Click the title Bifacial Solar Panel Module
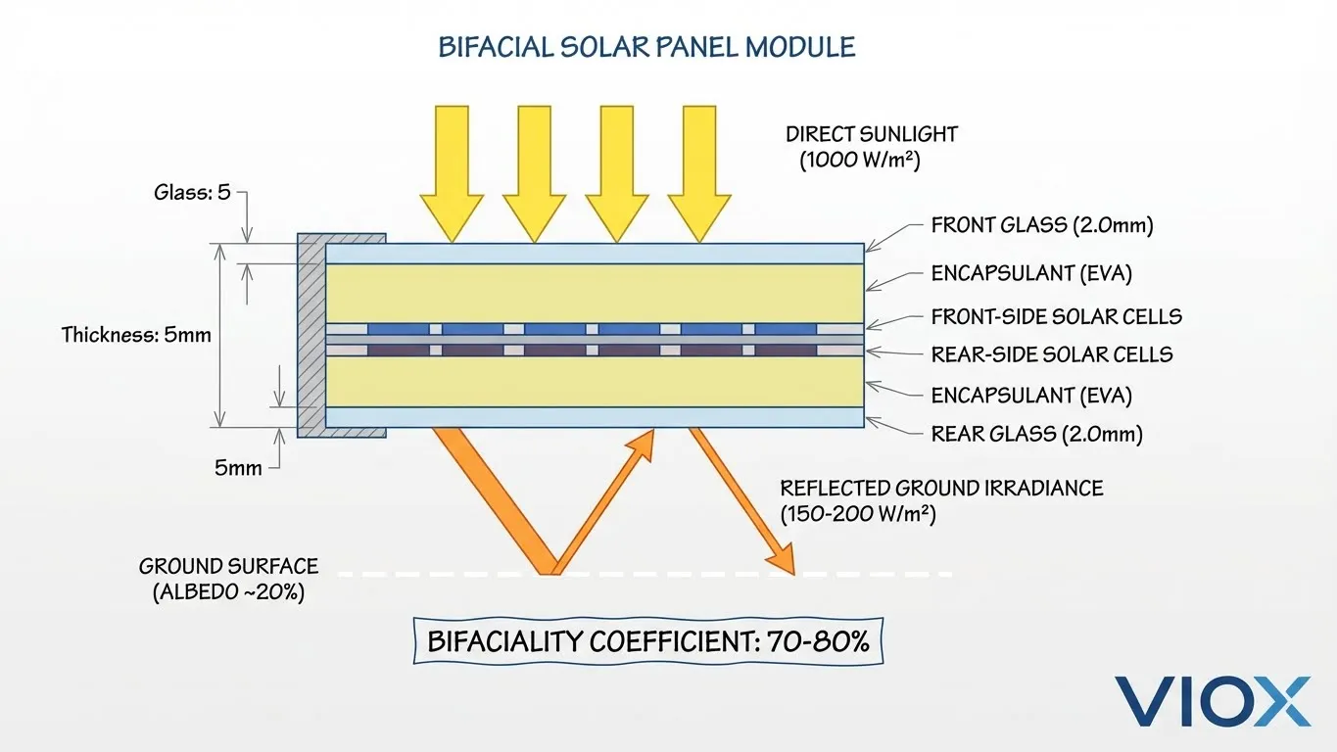click(x=646, y=47)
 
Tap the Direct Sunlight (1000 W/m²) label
click(x=871, y=147)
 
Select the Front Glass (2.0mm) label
click(x=1042, y=226)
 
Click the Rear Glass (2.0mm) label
click(x=1036, y=434)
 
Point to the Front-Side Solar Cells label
click(x=1056, y=316)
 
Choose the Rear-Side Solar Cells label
click(x=1052, y=354)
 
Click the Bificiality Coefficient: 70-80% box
click(x=647, y=642)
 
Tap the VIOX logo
click(x=1212, y=701)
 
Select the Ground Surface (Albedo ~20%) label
click(x=228, y=579)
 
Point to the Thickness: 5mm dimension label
click(x=136, y=335)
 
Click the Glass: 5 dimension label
click(x=192, y=192)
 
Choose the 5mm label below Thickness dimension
click(x=238, y=468)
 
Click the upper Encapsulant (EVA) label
click(x=1031, y=274)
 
